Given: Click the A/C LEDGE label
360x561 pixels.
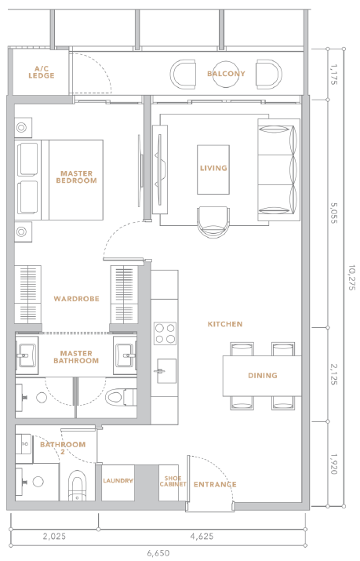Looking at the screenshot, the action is [42, 72].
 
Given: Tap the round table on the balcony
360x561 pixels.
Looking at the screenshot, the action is [226, 74].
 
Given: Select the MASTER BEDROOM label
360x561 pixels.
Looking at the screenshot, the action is [77, 177].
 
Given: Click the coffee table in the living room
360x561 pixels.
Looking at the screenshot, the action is [213, 169].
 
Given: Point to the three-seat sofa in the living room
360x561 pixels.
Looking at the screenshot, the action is [278, 169].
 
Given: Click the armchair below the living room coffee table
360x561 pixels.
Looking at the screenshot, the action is [213, 222].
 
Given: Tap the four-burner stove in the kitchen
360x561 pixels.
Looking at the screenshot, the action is [165, 333].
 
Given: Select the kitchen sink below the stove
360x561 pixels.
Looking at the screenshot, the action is [165, 371].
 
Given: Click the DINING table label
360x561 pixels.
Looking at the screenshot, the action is [263, 375].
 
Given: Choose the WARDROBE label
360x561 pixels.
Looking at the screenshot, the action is [77, 299].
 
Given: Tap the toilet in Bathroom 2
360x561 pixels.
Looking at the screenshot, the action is [77, 486].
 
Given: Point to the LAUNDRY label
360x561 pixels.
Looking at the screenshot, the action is [118, 480].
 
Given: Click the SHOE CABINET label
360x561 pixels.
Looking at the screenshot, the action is [173, 481].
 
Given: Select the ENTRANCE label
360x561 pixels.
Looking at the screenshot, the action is [215, 484].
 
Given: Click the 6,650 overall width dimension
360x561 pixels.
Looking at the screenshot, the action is [158, 553].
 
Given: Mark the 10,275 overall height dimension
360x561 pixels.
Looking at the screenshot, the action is [352, 277].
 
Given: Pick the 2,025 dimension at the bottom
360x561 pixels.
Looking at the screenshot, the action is [54, 536].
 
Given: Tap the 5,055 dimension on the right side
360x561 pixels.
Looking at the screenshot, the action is [333, 213].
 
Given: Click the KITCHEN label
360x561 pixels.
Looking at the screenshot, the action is [225, 324].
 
